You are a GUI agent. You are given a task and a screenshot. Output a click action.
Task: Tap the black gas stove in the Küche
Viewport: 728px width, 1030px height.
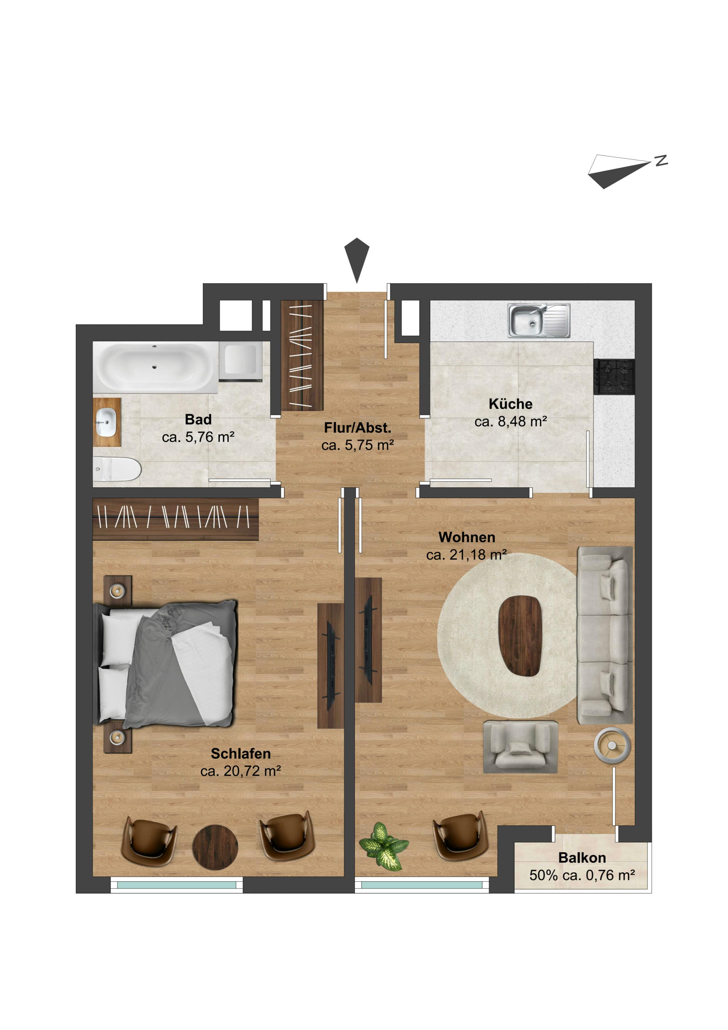(x=614, y=377)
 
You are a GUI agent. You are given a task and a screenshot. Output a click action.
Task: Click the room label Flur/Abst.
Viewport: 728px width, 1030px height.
(x=357, y=428)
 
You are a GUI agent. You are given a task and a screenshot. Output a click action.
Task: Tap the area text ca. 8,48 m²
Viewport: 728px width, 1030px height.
(x=511, y=422)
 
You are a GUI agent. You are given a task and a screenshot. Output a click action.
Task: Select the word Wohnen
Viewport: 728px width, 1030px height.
(x=467, y=537)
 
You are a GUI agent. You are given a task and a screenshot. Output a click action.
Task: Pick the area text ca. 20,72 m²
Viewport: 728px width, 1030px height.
(x=241, y=771)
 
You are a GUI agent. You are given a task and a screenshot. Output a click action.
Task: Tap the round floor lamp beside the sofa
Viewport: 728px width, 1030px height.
(x=612, y=745)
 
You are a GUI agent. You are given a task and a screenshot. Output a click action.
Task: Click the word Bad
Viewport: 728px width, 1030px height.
(x=198, y=420)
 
